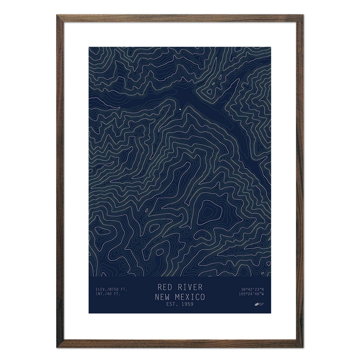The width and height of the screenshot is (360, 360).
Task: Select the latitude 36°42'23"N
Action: click(x=252, y=289)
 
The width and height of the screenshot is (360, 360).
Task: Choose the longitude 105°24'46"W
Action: click(x=251, y=294)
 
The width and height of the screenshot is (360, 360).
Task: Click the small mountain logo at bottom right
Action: click(x=257, y=304)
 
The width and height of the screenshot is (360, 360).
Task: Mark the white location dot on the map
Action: click(x=180, y=109)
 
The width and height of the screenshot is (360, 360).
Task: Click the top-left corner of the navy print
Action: click(x=89, y=47)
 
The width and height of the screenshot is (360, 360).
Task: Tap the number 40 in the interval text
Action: click(x=110, y=294)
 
